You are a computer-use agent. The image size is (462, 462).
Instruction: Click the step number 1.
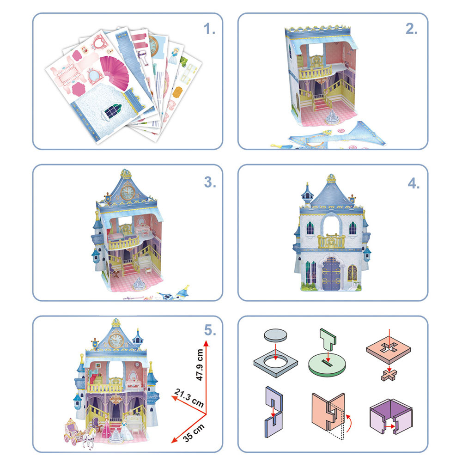(x=209, y=29)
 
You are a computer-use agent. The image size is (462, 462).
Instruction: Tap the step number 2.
(x=411, y=29)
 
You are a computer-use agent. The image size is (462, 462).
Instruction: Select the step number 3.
(x=210, y=182)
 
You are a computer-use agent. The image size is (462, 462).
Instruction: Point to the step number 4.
(x=413, y=183)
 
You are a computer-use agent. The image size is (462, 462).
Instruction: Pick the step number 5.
(x=210, y=330)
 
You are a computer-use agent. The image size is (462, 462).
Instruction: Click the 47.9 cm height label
(x=200, y=365)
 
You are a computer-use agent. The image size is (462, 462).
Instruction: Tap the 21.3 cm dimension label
(x=189, y=397)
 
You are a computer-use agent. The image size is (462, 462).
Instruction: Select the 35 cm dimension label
(x=194, y=433)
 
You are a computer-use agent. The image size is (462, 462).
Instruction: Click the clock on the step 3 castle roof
(x=128, y=192)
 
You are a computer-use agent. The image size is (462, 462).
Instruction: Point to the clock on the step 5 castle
(x=116, y=340)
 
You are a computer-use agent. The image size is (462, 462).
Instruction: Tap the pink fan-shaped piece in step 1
(x=115, y=72)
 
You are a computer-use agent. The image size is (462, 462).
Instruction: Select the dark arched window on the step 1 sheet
(x=113, y=111)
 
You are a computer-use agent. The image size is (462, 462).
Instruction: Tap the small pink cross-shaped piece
(x=389, y=375)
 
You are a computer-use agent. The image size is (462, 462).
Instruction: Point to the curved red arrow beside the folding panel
(x=349, y=423)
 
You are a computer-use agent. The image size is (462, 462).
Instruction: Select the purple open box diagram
(x=391, y=416)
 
